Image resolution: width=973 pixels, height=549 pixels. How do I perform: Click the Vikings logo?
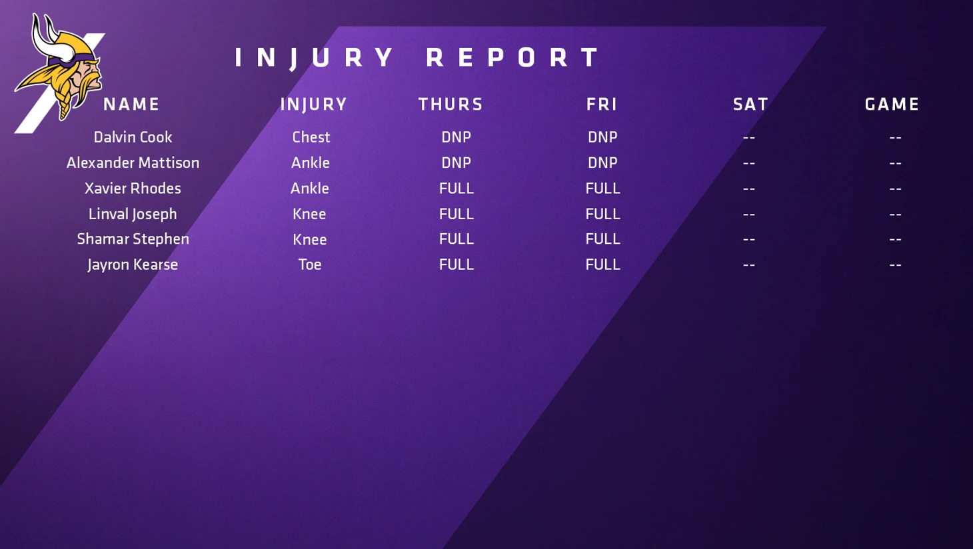point(59,69)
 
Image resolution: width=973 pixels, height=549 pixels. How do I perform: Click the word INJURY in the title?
point(314,58)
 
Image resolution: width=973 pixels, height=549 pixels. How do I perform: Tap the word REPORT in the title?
point(512,57)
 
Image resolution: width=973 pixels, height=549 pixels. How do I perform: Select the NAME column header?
point(131,104)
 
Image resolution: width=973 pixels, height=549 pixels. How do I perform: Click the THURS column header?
point(451,104)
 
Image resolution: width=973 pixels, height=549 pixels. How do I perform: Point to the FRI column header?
point(602,104)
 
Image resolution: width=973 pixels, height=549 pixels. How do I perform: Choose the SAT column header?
point(750,104)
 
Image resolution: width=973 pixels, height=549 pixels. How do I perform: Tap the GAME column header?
point(892,104)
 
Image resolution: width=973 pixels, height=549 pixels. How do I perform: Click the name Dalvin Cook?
point(133,137)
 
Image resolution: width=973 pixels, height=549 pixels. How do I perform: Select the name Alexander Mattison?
point(133,163)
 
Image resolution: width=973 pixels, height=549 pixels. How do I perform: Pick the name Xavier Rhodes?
point(133,189)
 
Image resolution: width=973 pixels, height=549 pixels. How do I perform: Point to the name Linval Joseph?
point(133,214)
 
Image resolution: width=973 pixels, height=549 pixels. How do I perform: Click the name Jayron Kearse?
point(133,265)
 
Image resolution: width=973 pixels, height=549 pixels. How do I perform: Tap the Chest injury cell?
point(311,137)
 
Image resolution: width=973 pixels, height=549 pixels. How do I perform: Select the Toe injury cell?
point(310,265)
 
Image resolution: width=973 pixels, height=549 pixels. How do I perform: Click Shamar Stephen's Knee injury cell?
point(310,239)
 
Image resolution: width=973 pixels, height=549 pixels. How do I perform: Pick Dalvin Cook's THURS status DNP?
point(456,137)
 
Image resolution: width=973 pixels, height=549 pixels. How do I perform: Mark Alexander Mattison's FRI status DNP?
point(602,163)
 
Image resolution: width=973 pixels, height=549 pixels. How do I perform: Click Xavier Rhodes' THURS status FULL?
point(456,189)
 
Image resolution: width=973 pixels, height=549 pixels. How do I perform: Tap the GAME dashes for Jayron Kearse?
point(895,265)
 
